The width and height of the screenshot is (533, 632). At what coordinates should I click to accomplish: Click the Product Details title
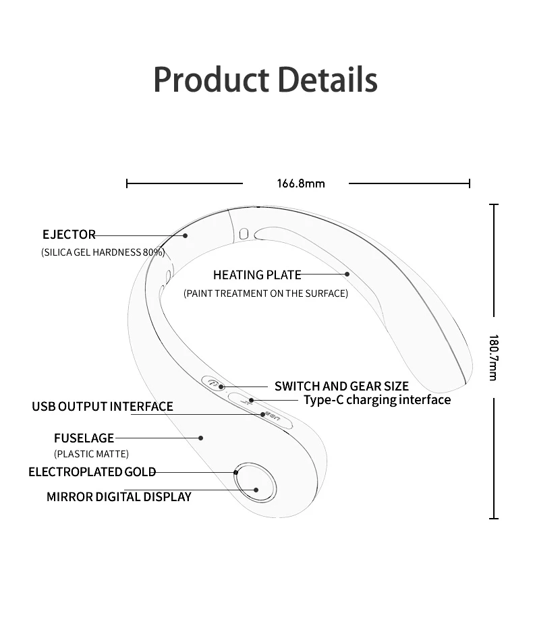pyautogui.click(x=265, y=80)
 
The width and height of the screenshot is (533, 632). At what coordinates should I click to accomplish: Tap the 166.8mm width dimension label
pyautogui.click(x=300, y=183)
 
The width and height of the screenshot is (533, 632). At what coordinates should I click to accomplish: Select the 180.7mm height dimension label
pyautogui.click(x=493, y=357)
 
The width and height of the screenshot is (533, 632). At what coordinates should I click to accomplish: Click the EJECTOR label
pyautogui.click(x=69, y=235)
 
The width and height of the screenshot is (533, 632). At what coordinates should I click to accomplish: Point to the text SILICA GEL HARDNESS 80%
pyautogui.click(x=103, y=252)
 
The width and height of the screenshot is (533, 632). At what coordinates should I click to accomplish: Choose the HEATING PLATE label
pyautogui.click(x=256, y=275)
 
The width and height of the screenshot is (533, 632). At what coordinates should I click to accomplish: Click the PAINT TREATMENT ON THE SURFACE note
pyautogui.click(x=266, y=293)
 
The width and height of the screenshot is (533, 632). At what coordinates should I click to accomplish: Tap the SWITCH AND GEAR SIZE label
pyautogui.click(x=341, y=386)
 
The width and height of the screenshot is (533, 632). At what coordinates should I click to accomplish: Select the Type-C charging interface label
pyautogui.click(x=376, y=400)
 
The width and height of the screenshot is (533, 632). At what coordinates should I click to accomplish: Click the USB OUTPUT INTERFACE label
pyautogui.click(x=103, y=407)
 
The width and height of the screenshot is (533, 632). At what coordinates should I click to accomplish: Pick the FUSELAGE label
pyautogui.click(x=84, y=438)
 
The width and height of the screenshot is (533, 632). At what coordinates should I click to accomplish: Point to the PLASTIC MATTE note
pyautogui.click(x=91, y=454)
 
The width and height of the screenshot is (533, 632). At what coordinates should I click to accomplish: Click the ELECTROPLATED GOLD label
pyautogui.click(x=92, y=472)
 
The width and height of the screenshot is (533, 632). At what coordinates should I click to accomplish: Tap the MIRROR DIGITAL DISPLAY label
pyautogui.click(x=119, y=497)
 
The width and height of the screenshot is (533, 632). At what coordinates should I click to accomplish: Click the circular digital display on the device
pyautogui.click(x=256, y=483)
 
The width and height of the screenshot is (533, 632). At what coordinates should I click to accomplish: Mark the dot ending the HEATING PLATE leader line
pyautogui.click(x=347, y=274)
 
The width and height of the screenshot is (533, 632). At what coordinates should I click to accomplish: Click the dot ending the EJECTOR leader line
pyautogui.click(x=186, y=235)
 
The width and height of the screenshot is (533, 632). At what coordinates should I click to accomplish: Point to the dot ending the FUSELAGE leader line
pyautogui.click(x=201, y=438)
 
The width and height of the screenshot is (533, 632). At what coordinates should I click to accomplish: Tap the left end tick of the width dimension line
pyautogui.click(x=127, y=183)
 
